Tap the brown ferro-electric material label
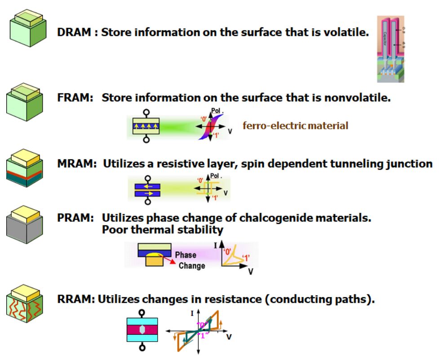(x=295, y=126)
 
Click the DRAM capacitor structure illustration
(x=390, y=49)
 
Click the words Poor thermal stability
(x=162, y=230)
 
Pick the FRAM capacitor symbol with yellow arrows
(x=146, y=126)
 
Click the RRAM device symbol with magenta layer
(x=142, y=329)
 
